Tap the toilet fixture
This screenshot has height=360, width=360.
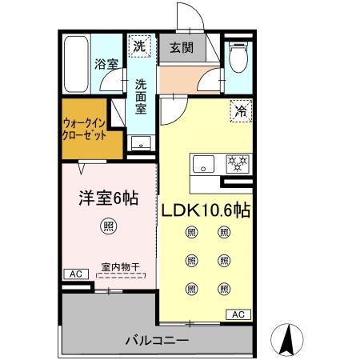click(238, 57)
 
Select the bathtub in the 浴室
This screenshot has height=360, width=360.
click(75, 63)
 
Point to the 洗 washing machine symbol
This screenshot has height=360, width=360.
click(141, 47)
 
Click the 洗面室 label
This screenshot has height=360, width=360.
click(141, 94)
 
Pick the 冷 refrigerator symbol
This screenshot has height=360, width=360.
click(238, 112)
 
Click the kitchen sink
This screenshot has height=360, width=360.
click(203, 164)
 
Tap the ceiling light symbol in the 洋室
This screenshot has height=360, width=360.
click(107, 226)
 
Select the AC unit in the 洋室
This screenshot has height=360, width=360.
click(76, 274)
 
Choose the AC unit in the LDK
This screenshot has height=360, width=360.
click(238, 314)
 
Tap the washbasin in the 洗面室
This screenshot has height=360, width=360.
click(141, 144)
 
